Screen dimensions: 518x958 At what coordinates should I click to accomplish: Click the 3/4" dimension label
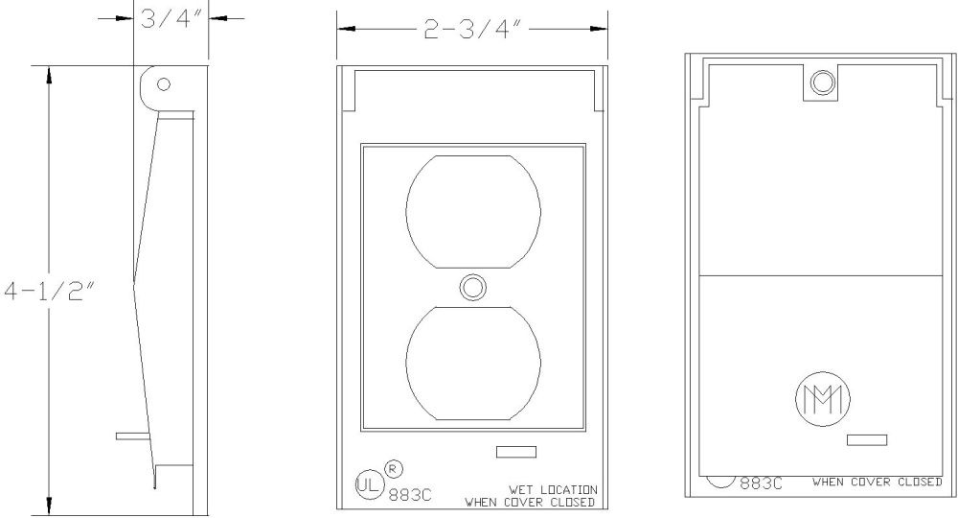(171, 19)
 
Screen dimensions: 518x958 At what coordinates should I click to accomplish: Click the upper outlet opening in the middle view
(472, 208)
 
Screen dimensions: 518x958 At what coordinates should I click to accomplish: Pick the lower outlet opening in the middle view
(472, 364)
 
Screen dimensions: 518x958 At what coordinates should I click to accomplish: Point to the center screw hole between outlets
(472, 286)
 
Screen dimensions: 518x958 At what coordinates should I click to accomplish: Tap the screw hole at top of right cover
(820, 83)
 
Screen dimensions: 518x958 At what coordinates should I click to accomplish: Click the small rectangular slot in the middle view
(516, 451)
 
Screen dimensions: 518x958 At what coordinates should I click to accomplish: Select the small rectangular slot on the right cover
(867, 439)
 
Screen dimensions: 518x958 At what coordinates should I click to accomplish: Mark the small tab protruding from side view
(130, 436)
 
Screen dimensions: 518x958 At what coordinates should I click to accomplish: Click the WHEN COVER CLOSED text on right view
(877, 482)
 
